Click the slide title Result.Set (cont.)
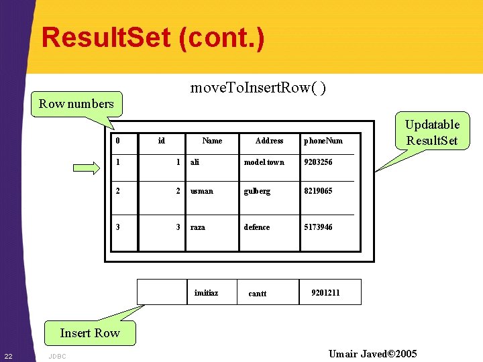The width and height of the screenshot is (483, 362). (x=153, y=38)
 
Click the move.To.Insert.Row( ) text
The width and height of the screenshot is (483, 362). (x=258, y=88)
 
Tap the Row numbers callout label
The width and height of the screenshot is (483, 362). (x=76, y=104)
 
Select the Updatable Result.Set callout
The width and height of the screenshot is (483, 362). (x=432, y=132)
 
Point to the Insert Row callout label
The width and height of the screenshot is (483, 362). (x=89, y=333)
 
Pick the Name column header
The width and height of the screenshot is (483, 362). (x=212, y=141)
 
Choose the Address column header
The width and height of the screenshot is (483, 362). (x=269, y=141)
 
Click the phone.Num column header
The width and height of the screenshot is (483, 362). (x=323, y=141)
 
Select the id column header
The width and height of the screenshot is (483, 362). (x=161, y=141)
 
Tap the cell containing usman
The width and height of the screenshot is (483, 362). (x=201, y=191)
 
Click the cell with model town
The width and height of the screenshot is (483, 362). (x=264, y=162)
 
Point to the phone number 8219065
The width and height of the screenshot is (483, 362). (x=318, y=191)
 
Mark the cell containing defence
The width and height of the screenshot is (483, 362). (x=257, y=227)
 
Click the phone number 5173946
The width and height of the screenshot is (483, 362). (x=318, y=227)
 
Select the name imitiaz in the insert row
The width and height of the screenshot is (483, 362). (x=206, y=293)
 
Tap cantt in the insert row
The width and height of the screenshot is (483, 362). (x=258, y=294)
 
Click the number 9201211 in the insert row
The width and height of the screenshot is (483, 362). (x=325, y=293)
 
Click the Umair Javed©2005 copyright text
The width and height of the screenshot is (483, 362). (x=372, y=353)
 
